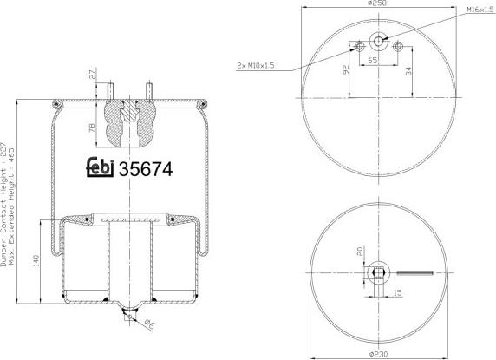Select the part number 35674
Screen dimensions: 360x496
tap(146, 169)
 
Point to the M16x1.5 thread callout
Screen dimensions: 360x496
tap(475, 9)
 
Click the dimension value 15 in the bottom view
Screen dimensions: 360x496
tap(396, 292)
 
